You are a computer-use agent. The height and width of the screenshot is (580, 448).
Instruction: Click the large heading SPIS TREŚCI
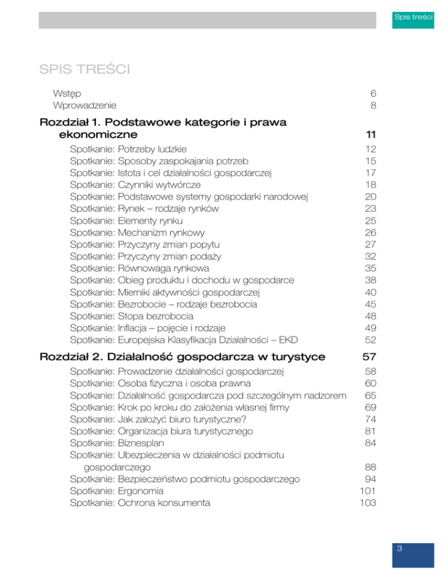pyautogui.click(x=84, y=71)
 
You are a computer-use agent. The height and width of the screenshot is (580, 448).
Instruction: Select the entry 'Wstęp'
pyautogui.click(x=66, y=93)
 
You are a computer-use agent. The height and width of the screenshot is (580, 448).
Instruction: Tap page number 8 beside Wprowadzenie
pyautogui.click(x=372, y=106)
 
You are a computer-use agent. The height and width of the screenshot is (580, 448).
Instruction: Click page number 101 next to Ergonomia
pyautogui.click(x=367, y=491)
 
